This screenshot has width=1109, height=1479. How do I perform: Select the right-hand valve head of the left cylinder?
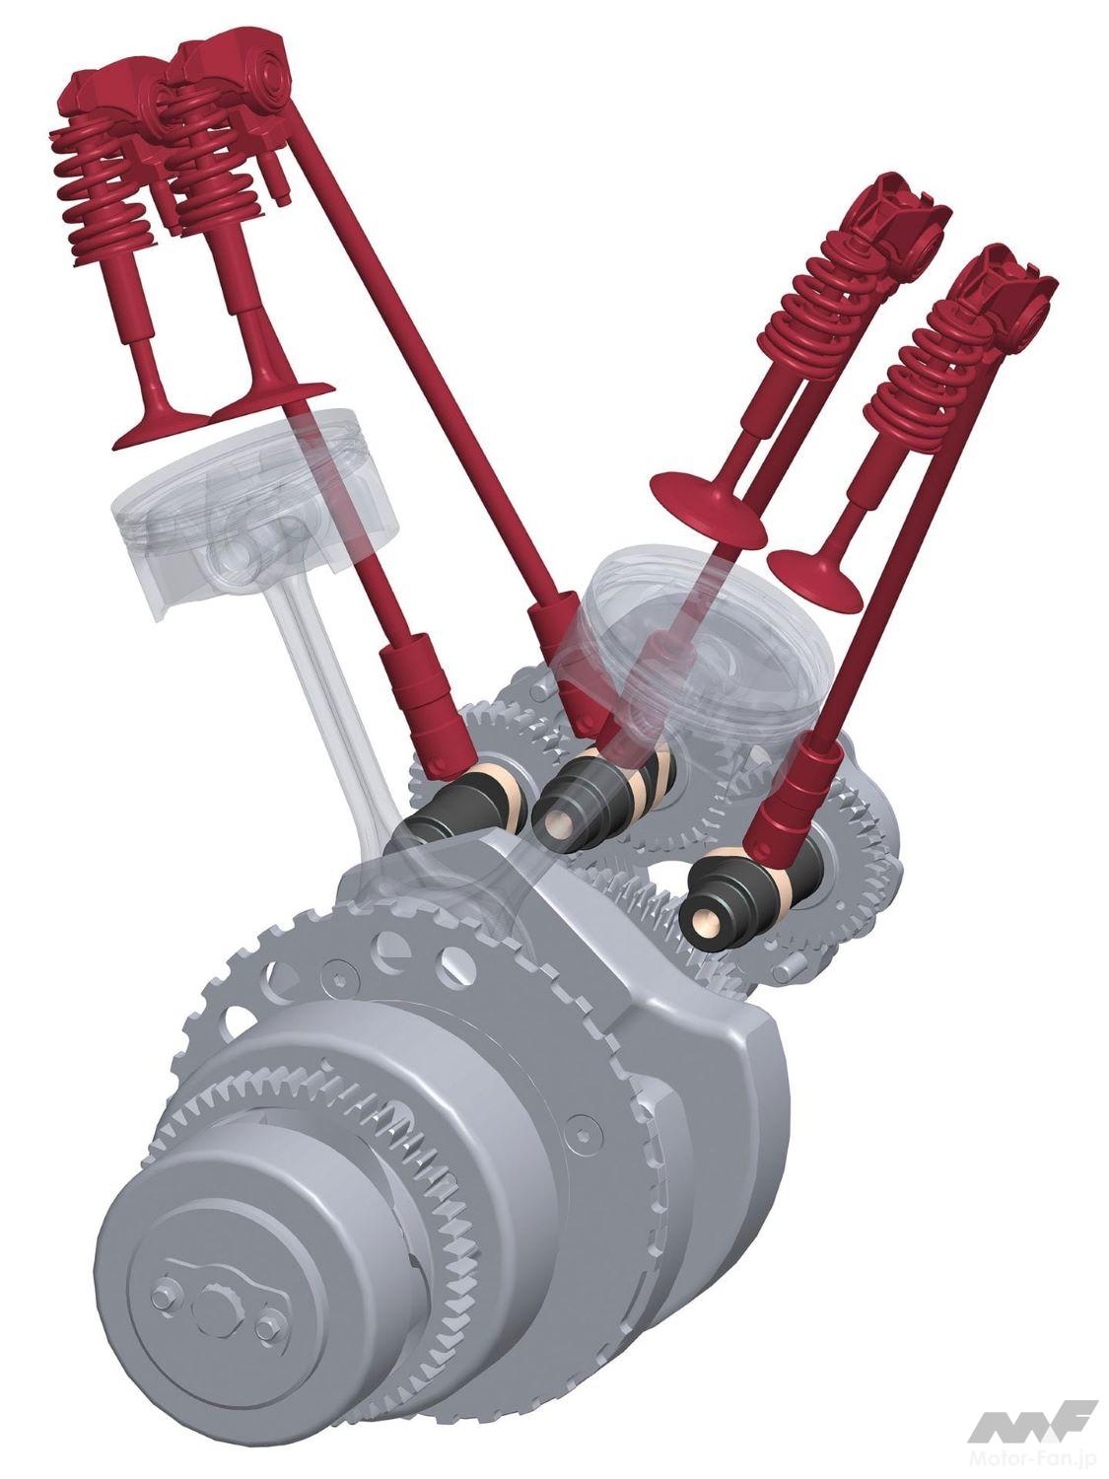272,401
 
